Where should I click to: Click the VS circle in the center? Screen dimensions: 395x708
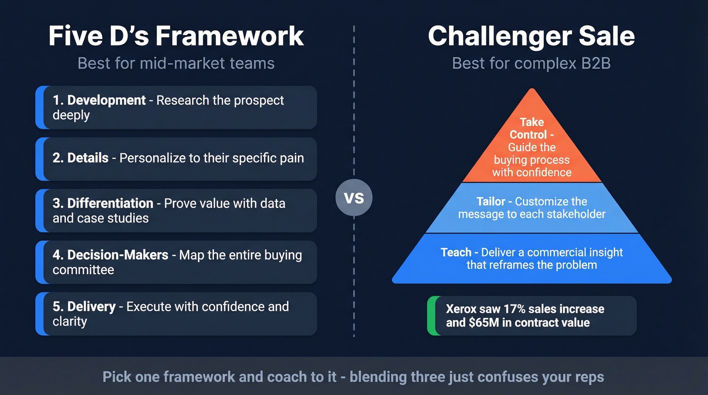pyautogui.click(x=354, y=197)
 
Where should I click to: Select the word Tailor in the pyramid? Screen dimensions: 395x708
pyautogui.click(x=491, y=201)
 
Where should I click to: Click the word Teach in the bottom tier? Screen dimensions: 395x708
pyautogui.click(x=456, y=252)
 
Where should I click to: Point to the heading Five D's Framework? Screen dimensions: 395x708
pyautogui.click(x=176, y=36)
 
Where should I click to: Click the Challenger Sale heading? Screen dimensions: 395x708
pyautogui.click(x=531, y=36)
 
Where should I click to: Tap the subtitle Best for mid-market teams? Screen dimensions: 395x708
pyautogui.click(x=176, y=64)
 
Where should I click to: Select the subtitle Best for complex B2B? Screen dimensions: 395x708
pyautogui.click(x=531, y=64)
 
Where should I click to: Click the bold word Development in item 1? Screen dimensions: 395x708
pyautogui.click(x=106, y=100)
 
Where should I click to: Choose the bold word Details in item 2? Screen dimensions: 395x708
pyautogui.click(x=88, y=158)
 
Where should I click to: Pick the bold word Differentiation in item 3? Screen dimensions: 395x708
pyautogui.click(x=110, y=203)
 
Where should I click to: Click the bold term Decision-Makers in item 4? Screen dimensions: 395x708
pyautogui.click(x=117, y=255)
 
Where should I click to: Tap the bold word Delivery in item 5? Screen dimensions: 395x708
pyautogui.click(x=92, y=306)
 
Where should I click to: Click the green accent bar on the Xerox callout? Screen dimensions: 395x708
pyautogui.click(x=430, y=316)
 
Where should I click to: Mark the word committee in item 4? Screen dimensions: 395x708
pyautogui.click(x=83, y=270)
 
